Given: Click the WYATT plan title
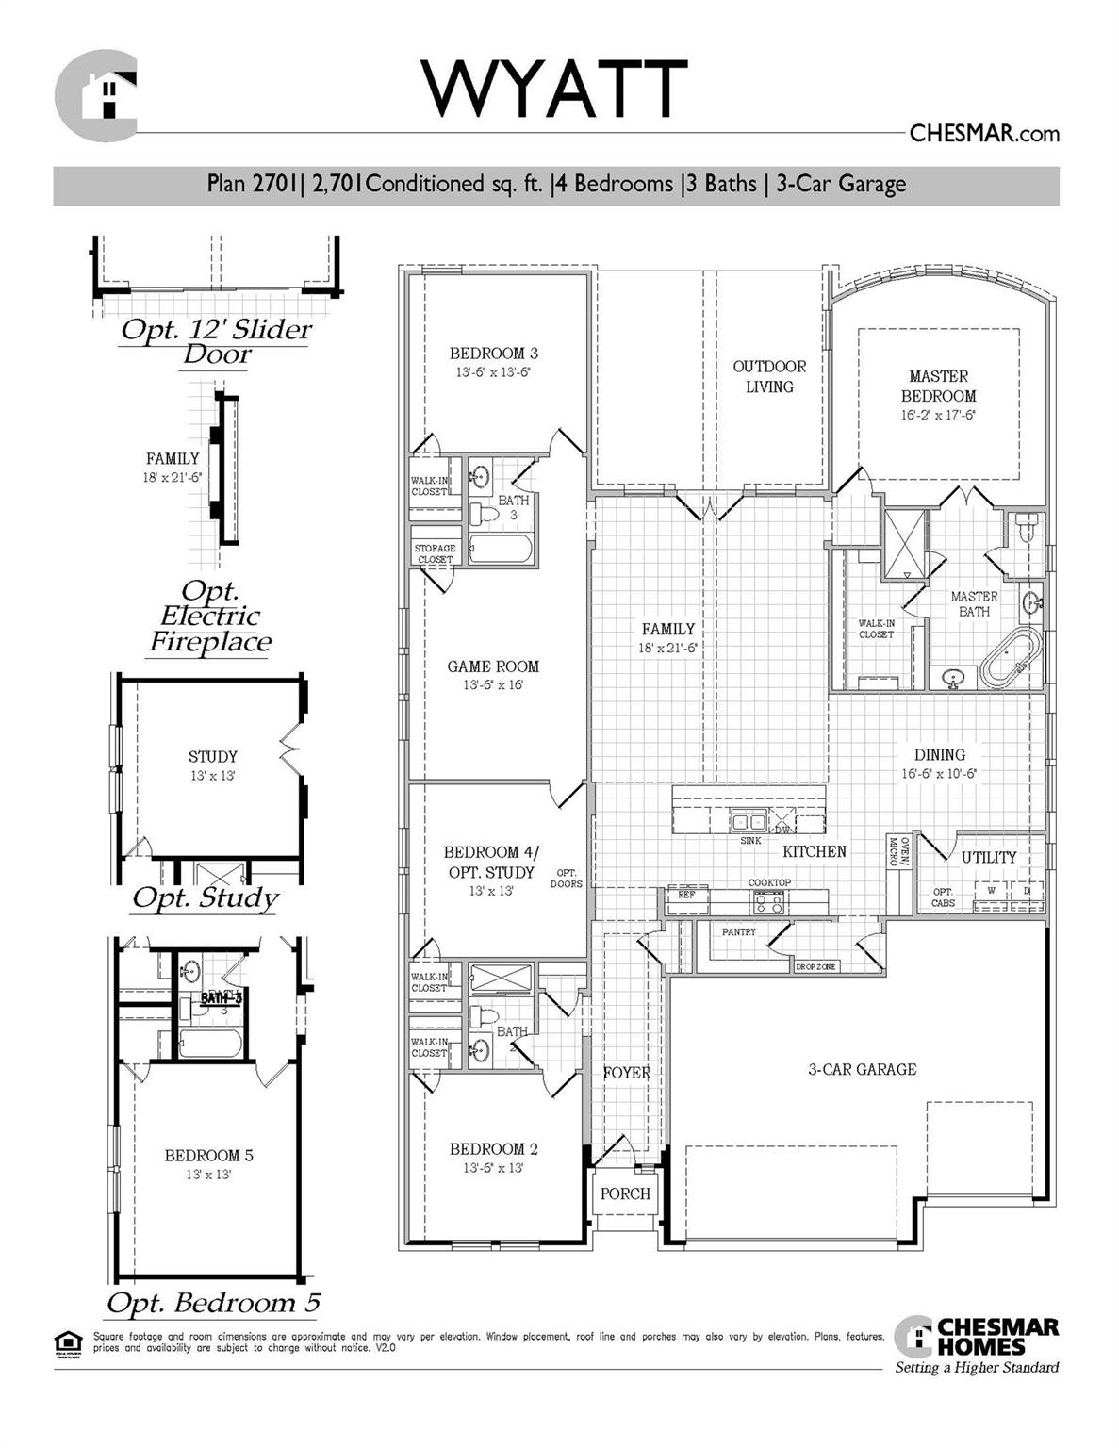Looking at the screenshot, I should click(554, 89).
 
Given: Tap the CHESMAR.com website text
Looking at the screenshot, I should click(983, 134).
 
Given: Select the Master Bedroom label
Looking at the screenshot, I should click(938, 386).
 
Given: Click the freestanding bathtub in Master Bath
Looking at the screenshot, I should click(1011, 658).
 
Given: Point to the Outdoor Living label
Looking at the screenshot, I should click(769, 376).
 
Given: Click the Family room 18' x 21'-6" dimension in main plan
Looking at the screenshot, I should click(667, 649).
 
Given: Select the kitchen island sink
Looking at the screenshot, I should click(749, 821).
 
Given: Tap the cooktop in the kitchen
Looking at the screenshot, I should click(768, 903).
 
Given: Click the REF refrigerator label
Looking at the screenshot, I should click(686, 894).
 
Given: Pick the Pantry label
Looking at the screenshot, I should click(739, 932).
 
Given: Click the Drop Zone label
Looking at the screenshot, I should click(815, 967).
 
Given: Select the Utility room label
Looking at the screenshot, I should click(988, 858).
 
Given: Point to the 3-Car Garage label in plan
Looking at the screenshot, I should click(862, 1069).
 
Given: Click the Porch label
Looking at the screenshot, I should click(625, 1193).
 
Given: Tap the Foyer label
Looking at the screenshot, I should click(626, 1073).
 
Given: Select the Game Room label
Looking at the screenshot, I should click(493, 666).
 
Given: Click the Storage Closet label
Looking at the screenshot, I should click(435, 553).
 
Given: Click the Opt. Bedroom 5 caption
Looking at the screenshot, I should click(213, 1303).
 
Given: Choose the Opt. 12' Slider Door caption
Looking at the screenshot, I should click(217, 341).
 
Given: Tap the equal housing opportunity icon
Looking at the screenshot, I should click(68, 1341).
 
